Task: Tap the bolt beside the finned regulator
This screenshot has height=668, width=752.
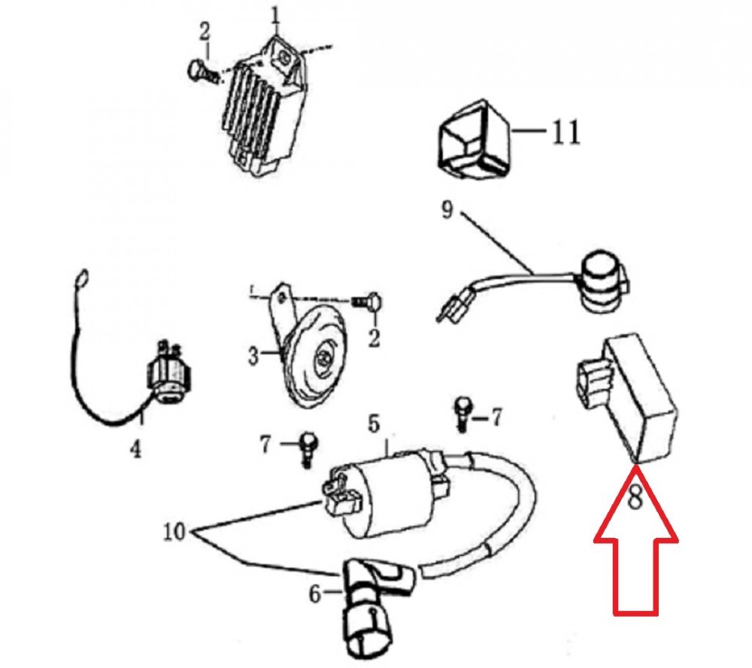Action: point(204,72)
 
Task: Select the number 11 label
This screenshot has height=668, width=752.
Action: point(566,132)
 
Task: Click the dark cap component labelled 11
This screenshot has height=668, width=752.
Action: point(475,139)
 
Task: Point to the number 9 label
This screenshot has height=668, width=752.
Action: point(447,210)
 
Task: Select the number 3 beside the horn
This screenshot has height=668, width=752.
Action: point(253,356)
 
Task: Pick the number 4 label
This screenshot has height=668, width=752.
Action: point(136,449)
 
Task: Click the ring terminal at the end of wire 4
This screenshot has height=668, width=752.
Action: point(83,277)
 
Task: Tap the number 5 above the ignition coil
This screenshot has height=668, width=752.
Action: point(374,424)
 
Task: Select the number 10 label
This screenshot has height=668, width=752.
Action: point(174,532)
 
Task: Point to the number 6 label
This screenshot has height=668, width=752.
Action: point(314,594)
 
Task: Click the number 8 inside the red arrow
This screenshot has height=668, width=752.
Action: point(635,497)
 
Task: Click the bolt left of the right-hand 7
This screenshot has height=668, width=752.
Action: point(462,414)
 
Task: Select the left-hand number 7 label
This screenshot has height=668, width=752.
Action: point(265,445)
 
